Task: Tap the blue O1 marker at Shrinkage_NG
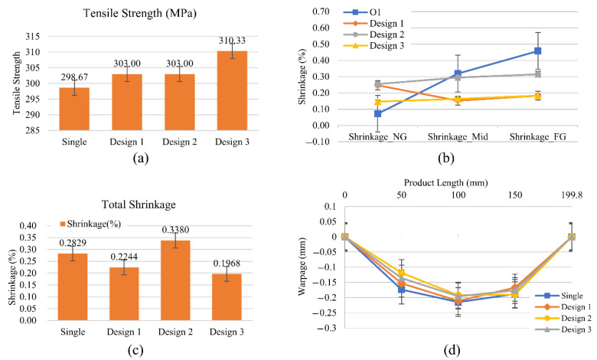pyautogui.click(x=357, y=113)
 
